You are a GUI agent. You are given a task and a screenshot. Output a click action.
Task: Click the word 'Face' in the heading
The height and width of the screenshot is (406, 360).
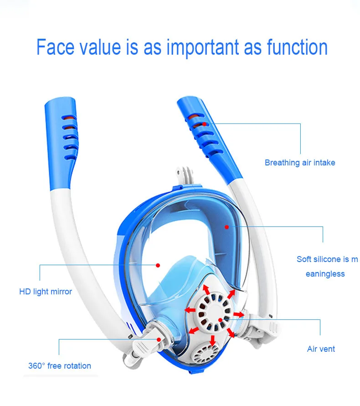[x=55, y=47]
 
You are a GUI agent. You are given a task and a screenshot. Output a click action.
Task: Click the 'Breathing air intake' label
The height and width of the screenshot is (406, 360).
[x=300, y=163]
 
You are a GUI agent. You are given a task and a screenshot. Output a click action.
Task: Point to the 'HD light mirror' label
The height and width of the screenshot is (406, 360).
[x=46, y=292]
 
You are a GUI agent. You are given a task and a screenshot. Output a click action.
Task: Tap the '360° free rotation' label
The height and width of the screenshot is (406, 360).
[x=60, y=365]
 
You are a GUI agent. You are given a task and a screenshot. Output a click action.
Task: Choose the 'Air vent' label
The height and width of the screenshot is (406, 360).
[x=321, y=349]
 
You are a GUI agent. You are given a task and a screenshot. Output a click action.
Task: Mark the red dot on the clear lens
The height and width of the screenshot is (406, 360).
[x=158, y=265]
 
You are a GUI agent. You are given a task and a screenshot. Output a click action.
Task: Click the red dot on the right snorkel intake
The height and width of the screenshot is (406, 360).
[x=204, y=124]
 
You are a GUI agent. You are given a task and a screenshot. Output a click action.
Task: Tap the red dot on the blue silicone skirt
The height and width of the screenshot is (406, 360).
[x=226, y=227]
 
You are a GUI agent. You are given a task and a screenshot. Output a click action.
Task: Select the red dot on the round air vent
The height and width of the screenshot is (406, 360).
[x=220, y=320]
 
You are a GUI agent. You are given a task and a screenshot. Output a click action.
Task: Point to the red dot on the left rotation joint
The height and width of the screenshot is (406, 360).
[x=159, y=339]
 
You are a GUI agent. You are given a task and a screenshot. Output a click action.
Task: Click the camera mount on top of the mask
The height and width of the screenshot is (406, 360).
[x=183, y=175]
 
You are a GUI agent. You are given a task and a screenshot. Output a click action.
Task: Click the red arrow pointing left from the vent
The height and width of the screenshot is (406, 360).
[x=190, y=309]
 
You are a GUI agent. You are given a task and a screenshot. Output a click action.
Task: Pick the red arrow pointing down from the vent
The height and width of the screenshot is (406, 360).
[x=213, y=340]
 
